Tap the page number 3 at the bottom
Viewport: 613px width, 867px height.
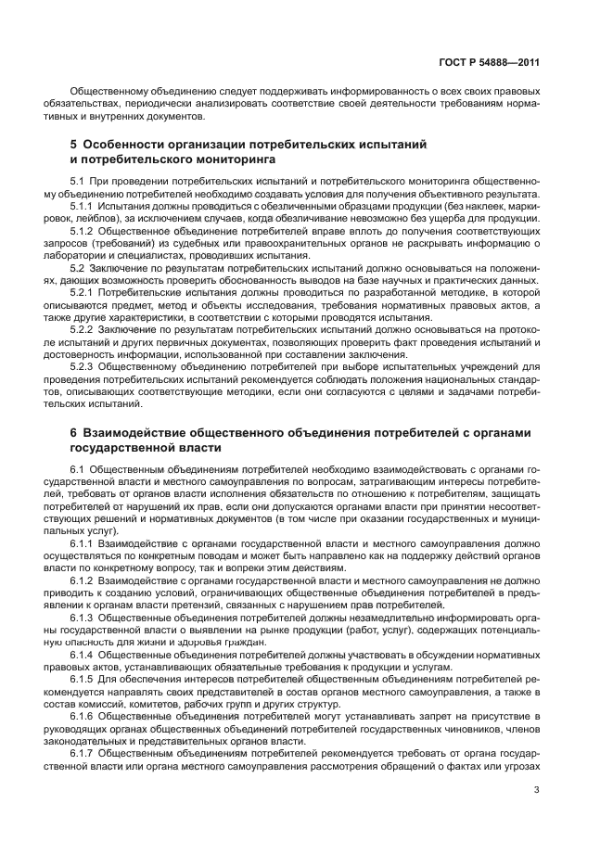(x=536, y=790)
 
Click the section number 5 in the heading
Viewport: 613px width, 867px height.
(x=74, y=145)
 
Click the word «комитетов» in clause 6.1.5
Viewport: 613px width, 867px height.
(x=151, y=705)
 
